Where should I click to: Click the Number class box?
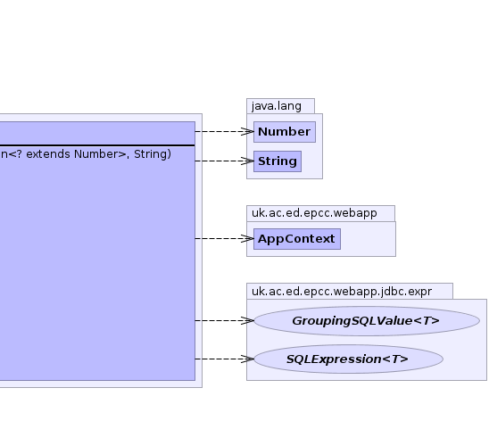(x=285, y=132)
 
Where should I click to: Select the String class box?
(x=278, y=161)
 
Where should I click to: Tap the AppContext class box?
(x=297, y=239)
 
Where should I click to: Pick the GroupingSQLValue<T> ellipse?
(x=367, y=321)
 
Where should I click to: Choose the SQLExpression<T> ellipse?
(x=348, y=359)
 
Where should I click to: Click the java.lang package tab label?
(x=277, y=106)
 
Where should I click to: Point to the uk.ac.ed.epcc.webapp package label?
(x=314, y=213)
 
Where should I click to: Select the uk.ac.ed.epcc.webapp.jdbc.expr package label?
(x=342, y=292)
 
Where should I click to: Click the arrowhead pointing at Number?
(x=247, y=131)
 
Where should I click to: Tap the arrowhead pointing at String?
(x=247, y=161)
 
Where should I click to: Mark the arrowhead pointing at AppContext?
(x=247, y=239)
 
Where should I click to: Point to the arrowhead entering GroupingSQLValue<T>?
(x=247, y=320)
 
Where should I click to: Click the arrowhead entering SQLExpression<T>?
(x=247, y=359)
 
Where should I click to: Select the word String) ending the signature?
(x=153, y=154)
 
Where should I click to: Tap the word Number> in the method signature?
(x=102, y=154)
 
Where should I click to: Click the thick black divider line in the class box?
(x=97, y=145)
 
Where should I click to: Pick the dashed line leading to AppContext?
(x=225, y=239)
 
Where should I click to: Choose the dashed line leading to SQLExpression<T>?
(x=225, y=359)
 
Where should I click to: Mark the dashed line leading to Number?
(x=225, y=131)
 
